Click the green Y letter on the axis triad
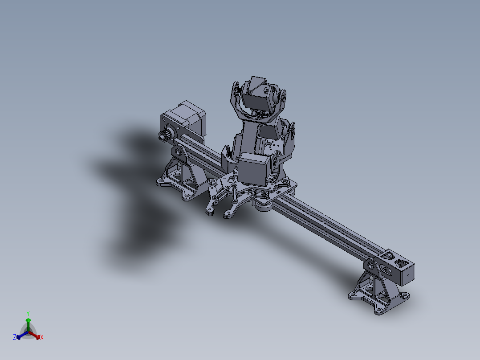(28, 313)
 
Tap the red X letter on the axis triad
(42, 338)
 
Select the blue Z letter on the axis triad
(14, 338)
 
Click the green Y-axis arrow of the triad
(28, 323)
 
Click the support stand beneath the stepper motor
(180, 178)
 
